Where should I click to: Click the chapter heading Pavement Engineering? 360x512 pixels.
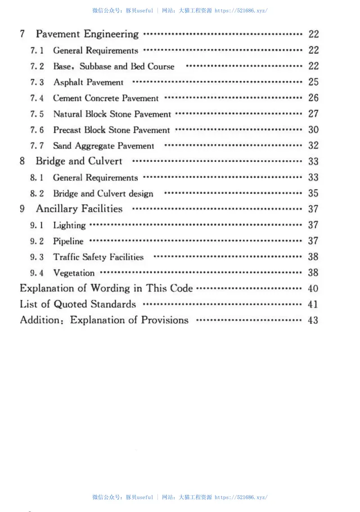tap(87, 34)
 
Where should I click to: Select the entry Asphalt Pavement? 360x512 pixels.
tap(88, 82)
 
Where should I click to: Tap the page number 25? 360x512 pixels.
tap(313, 82)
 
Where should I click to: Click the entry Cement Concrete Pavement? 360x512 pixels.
tap(106, 98)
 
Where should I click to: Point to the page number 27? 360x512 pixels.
tap(313, 114)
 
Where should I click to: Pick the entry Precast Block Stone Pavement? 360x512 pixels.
tap(112, 130)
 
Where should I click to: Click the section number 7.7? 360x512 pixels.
tap(37, 146)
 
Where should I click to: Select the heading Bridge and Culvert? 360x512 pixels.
tap(79, 162)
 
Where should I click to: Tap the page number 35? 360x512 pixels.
tap(313, 193)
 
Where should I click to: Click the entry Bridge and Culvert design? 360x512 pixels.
tap(103, 194)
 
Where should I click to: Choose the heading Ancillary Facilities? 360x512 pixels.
tap(79, 209)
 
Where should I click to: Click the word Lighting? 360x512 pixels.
tap(69, 225)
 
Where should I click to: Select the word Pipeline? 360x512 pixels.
tap(68, 241)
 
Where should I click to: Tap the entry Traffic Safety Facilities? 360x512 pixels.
tap(98, 257)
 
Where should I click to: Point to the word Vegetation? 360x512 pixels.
tap(74, 273)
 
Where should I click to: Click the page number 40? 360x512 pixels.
tap(313, 288)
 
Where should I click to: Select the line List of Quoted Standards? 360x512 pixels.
tap(78, 304)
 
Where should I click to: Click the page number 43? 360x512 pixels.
tap(313, 320)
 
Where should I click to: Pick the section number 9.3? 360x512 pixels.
tap(37, 257)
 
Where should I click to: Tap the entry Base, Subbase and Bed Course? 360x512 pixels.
tap(113, 67)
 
